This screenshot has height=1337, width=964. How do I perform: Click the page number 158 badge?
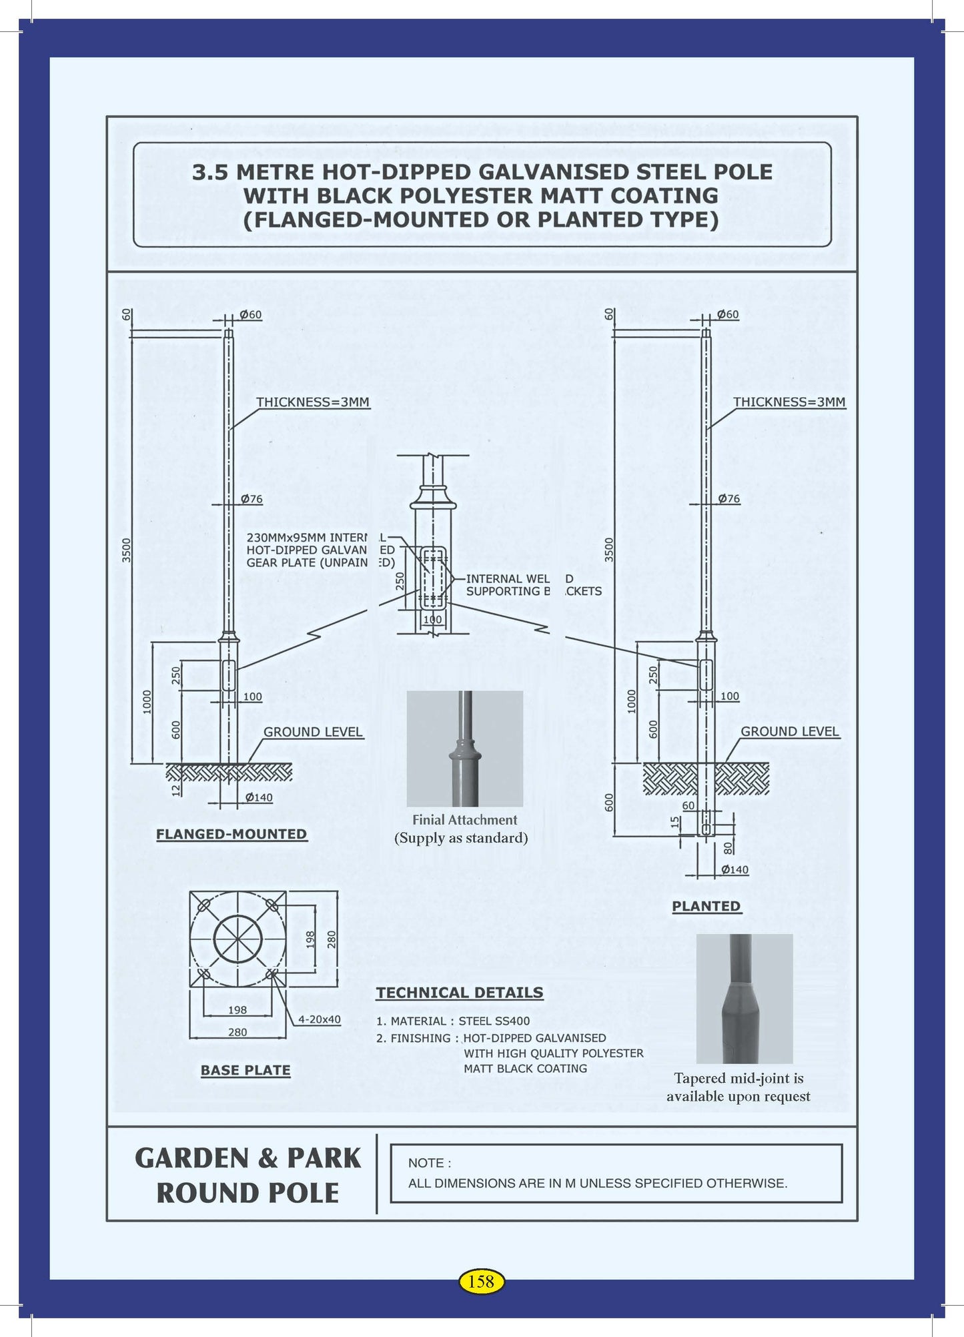click(481, 1281)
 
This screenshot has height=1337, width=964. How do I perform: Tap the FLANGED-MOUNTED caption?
click(231, 834)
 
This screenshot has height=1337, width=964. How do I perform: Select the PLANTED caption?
click(706, 906)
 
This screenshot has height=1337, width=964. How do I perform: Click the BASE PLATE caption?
click(246, 1070)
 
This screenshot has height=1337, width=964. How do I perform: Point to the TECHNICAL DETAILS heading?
click(460, 993)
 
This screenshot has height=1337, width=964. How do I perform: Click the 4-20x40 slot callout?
click(319, 1019)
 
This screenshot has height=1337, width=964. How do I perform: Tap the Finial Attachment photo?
click(465, 749)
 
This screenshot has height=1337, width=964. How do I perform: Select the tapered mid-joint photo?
click(745, 998)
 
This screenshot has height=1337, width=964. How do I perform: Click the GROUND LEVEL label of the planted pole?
click(790, 731)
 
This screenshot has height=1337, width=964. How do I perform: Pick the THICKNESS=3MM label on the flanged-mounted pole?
click(313, 402)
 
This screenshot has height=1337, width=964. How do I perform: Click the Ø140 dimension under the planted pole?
click(735, 870)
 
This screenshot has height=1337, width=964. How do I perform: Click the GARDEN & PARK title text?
click(248, 1159)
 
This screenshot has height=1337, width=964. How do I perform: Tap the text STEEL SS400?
click(494, 1021)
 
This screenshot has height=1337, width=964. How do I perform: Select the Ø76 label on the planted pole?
click(729, 499)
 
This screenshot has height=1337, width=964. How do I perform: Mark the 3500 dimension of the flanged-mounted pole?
click(127, 550)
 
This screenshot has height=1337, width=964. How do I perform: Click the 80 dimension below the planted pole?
click(728, 848)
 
